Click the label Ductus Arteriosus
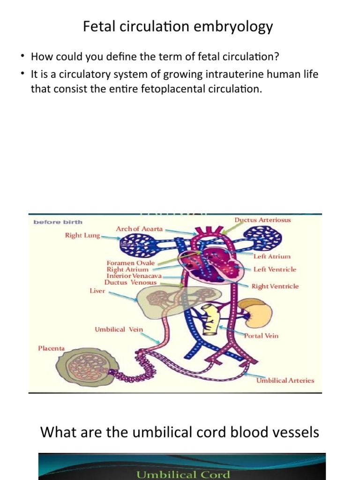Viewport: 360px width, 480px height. [262, 220]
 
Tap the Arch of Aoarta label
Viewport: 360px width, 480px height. [139, 229]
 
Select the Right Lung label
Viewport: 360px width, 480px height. [82, 235]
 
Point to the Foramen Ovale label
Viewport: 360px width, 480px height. [130, 263]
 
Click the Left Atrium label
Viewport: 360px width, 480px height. [272, 256]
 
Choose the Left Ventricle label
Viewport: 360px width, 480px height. [275, 270]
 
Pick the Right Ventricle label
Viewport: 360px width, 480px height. [275, 286]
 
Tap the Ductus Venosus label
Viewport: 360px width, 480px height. [130, 282]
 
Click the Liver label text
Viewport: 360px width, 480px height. [97, 291]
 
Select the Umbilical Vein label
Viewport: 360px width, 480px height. [119, 329]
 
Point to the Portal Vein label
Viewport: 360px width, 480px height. [261, 336]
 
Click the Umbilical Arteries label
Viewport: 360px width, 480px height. [285, 381]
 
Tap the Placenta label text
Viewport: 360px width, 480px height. [51, 348]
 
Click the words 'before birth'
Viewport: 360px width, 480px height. [58, 222]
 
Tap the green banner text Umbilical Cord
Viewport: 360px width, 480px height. [183, 474]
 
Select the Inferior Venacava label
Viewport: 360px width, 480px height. [134, 276]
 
